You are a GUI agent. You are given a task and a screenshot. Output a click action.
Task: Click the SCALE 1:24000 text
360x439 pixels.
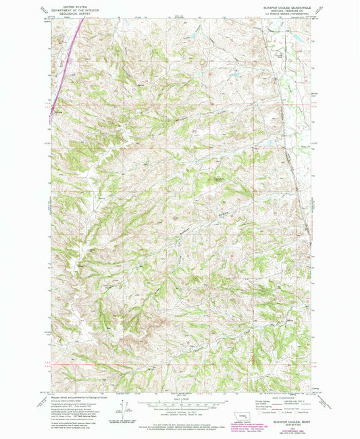tap(181, 396)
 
